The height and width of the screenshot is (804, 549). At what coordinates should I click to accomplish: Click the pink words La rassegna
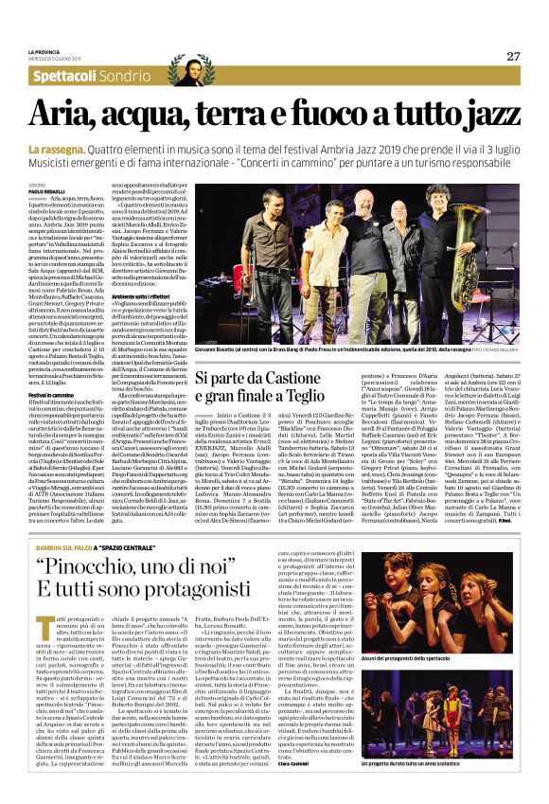[x=58, y=149]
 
